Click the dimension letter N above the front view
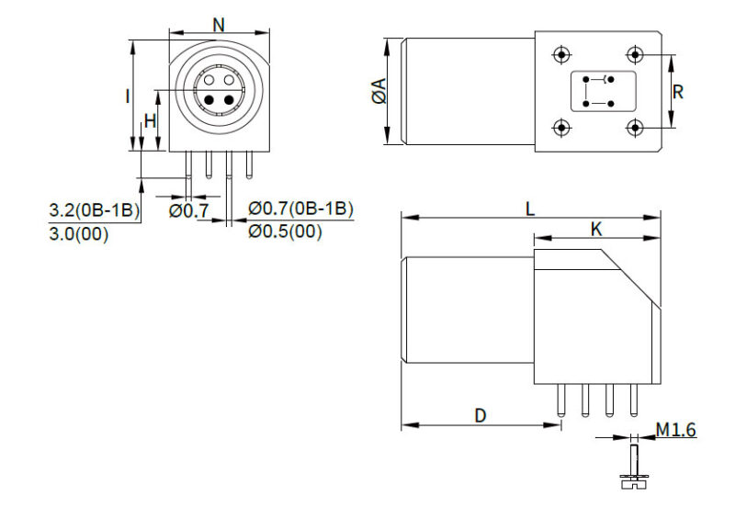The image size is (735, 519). (219, 25)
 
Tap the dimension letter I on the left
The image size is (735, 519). (128, 96)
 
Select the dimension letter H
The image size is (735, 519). (150, 121)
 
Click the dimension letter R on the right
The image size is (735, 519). (678, 92)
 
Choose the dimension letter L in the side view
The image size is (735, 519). (530, 209)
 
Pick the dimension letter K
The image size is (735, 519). (595, 230)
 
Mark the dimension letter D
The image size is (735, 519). (481, 415)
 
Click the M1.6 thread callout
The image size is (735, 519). (676, 430)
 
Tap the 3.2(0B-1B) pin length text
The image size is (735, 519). (95, 209)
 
